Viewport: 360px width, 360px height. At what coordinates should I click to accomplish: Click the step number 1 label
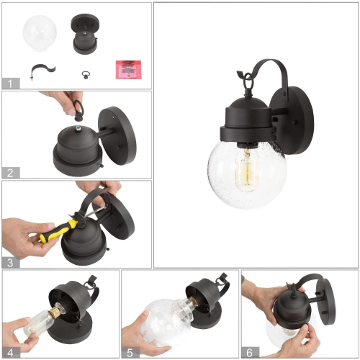[x=10, y=83]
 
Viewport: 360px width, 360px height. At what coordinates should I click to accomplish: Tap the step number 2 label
[x=10, y=172]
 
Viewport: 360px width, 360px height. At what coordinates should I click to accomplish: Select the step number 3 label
[x=10, y=261]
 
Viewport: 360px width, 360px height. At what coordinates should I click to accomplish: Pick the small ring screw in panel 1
[x=85, y=71]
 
